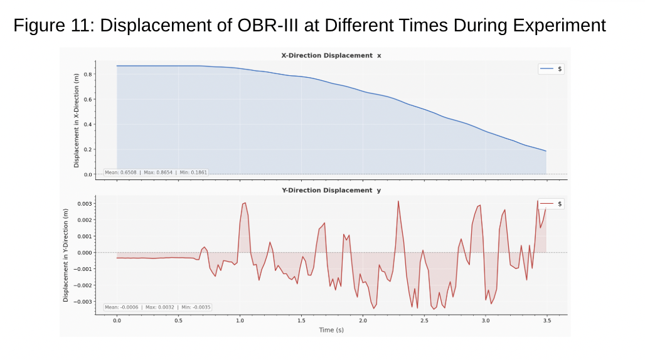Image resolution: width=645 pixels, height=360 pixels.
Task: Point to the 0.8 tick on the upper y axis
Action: coord(88,75)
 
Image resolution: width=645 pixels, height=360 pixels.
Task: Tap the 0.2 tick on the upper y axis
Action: coord(88,150)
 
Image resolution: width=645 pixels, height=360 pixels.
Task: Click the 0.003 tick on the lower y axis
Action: coord(85,204)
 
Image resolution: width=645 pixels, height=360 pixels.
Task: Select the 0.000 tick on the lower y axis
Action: coord(85,253)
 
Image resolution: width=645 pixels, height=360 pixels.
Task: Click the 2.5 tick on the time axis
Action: coord(424,320)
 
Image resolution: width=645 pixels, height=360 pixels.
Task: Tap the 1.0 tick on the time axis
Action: coord(240,320)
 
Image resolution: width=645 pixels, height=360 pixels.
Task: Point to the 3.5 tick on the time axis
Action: coord(546,320)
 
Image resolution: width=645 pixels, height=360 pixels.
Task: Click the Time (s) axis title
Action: coord(331,330)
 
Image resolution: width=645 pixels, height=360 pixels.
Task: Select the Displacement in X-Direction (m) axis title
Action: coord(76,120)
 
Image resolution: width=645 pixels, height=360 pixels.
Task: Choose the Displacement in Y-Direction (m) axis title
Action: coord(65,255)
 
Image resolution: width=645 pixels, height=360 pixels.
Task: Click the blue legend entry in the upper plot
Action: coord(552,69)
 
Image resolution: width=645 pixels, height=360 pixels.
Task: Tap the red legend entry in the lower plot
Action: coord(552,204)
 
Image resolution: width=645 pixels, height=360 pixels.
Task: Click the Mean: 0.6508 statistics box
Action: coord(156,172)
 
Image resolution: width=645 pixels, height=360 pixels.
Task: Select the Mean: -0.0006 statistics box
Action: coord(157,307)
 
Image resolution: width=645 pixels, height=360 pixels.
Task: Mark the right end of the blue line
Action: coord(546,151)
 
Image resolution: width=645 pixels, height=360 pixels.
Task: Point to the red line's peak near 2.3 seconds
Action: coord(398,201)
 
